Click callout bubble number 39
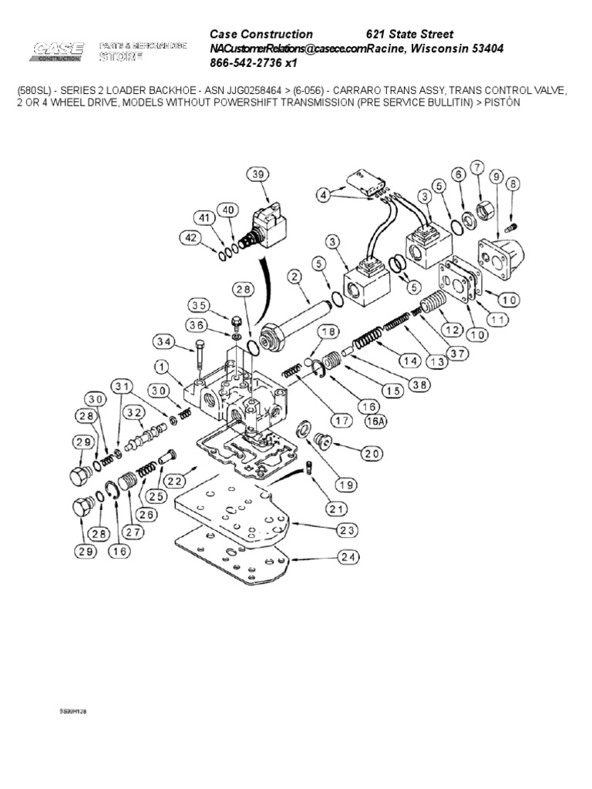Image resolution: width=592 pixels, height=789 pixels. pyautogui.click(x=258, y=175)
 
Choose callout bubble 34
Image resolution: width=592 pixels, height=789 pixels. pyautogui.click(x=163, y=341)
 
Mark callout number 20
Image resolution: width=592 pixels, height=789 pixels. pyautogui.click(x=372, y=454)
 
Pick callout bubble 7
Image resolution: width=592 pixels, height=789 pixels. pyautogui.click(x=477, y=167)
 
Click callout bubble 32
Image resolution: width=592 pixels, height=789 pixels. pyautogui.click(x=135, y=413)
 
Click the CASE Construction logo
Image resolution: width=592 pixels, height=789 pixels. pyautogui.click(x=58, y=52)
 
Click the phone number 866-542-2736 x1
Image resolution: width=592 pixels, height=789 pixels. pyautogui.click(x=254, y=63)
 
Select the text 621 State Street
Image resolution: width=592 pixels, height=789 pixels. pyautogui.click(x=409, y=35)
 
